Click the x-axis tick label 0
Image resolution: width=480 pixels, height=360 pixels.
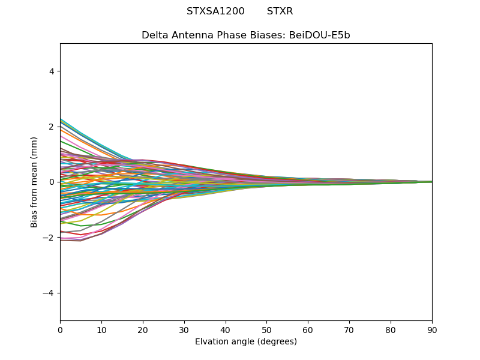point(60,329)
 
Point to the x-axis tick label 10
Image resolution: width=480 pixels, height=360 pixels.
point(101,329)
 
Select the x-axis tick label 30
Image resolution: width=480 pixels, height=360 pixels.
point(184,329)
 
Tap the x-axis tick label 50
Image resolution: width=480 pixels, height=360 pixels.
point(266,329)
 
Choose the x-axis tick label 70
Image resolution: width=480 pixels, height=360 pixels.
point(349,329)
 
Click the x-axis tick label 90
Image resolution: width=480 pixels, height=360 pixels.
point(432,329)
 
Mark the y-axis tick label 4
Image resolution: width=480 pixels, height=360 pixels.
point(52,71)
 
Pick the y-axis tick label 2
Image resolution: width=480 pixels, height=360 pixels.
point(52,127)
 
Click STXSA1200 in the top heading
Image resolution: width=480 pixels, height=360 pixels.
point(215,11)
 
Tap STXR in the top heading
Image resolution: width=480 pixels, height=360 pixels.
point(280,11)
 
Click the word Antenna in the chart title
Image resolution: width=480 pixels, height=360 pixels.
point(190,35)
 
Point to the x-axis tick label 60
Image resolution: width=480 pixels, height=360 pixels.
point(308,329)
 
